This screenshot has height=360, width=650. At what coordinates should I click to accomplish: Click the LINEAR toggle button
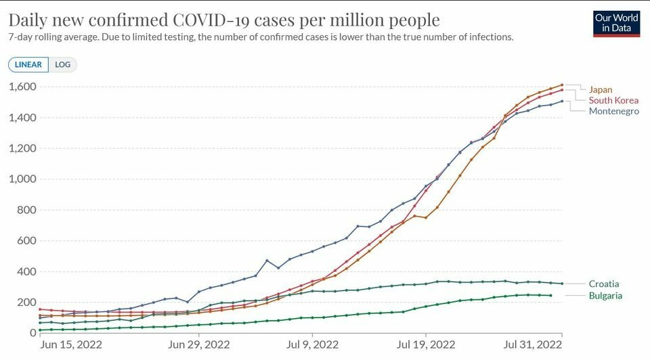click(x=28, y=65)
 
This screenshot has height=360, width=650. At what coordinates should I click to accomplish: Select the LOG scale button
click(x=63, y=65)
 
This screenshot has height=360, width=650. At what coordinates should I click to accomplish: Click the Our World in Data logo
click(x=616, y=23)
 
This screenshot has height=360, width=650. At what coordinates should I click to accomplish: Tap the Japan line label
click(x=601, y=89)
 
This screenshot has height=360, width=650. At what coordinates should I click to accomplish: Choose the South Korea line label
click(x=613, y=100)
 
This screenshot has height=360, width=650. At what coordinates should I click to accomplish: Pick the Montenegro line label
click(x=613, y=111)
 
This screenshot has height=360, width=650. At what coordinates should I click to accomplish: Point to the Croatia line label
click(x=604, y=284)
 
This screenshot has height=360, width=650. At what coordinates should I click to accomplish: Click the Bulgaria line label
click(x=605, y=296)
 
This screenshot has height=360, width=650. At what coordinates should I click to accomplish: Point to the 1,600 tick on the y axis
click(x=23, y=87)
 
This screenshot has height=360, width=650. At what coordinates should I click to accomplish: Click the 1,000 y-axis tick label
click(x=23, y=179)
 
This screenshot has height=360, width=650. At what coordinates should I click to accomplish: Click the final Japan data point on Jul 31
click(x=562, y=85)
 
